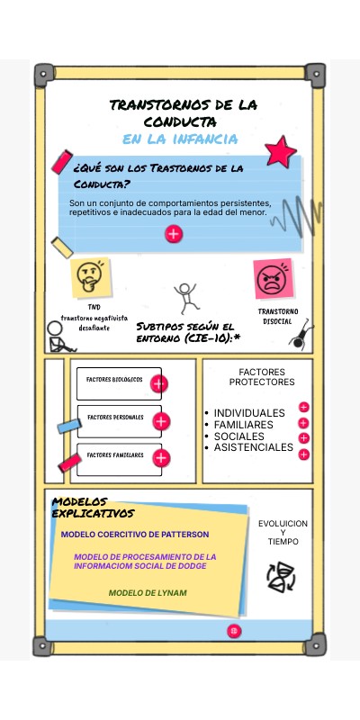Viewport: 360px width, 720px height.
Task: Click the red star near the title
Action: coord(280,151)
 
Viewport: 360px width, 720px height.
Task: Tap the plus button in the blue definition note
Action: coord(174,234)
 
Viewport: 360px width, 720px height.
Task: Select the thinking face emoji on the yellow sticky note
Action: coord(88,277)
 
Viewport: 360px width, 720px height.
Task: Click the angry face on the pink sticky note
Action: coord(273,280)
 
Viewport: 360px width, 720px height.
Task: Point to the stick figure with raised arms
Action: coord(185,298)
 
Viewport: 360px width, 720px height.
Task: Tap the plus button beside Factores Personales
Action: coord(161,421)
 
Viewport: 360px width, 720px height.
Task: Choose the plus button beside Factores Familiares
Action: coord(161,458)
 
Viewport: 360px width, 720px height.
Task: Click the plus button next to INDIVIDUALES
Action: coord(303,408)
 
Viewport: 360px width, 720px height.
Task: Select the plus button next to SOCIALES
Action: coord(303,438)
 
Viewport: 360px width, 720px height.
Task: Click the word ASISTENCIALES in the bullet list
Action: coord(254,447)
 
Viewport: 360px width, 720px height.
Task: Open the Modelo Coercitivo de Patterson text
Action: coord(135,535)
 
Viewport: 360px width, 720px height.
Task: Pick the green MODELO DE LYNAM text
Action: coord(148,593)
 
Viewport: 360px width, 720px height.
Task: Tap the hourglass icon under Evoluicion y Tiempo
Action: coord(281,577)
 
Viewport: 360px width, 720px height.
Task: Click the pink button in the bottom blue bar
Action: coord(234,631)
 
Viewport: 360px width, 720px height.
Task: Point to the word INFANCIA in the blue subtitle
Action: coord(205,139)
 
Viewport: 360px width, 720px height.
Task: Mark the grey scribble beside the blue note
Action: coord(296,216)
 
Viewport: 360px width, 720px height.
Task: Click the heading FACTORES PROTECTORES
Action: coord(262,377)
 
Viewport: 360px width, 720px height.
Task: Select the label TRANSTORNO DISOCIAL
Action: coord(277,317)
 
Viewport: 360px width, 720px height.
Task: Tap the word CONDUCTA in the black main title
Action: coord(179,122)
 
